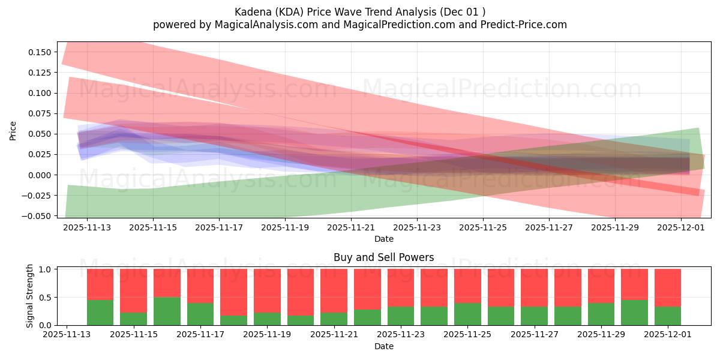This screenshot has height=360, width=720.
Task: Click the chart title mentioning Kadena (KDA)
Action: (x=359, y=11)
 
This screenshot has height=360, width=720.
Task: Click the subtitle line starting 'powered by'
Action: (x=359, y=25)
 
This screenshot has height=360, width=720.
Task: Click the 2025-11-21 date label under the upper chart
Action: (x=351, y=228)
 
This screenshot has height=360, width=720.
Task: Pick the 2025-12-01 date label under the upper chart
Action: (x=680, y=228)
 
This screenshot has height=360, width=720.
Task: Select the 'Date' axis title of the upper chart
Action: (x=383, y=239)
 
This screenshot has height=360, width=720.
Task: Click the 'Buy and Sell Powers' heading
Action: (x=383, y=258)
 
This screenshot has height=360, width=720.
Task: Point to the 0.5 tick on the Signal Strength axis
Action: (x=46, y=297)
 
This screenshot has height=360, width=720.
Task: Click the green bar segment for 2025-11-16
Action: (x=167, y=311)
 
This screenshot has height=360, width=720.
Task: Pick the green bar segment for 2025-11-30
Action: (x=634, y=313)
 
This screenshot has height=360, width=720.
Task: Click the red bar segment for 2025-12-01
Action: (x=667, y=287)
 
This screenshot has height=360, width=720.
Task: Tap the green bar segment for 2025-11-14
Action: (x=100, y=313)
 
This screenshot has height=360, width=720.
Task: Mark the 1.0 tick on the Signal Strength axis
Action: (x=46, y=269)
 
